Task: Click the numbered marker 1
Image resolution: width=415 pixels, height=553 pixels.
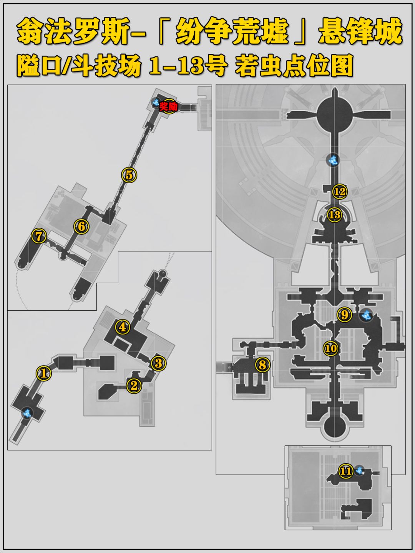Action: (x=44, y=373)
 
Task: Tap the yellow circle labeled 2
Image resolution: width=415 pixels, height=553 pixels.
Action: (x=134, y=385)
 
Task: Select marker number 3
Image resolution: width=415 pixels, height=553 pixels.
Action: (x=158, y=363)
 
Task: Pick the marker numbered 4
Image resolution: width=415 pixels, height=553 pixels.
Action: (x=123, y=327)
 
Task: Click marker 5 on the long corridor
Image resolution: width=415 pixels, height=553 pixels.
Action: (x=129, y=175)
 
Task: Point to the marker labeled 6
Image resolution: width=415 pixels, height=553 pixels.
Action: (x=81, y=227)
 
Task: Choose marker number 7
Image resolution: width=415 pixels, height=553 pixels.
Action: (x=38, y=236)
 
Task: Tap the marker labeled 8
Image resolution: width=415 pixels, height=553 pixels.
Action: (x=262, y=364)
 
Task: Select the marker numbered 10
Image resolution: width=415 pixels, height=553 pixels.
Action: (x=331, y=348)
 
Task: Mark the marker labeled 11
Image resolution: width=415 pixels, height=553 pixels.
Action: (x=346, y=471)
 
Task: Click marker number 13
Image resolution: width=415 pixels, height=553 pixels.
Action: (x=335, y=215)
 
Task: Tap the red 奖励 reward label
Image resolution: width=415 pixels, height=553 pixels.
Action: (x=168, y=107)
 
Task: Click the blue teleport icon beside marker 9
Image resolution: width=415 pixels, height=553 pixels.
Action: (x=366, y=315)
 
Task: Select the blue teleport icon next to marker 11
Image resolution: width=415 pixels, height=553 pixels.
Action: (x=360, y=470)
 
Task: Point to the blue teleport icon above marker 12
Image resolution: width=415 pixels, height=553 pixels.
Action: (x=333, y=160)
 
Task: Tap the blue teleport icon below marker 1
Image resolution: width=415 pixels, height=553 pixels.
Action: (x=27, y=413)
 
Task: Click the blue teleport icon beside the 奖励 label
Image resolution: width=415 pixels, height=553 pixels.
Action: (x=156, y=102)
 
